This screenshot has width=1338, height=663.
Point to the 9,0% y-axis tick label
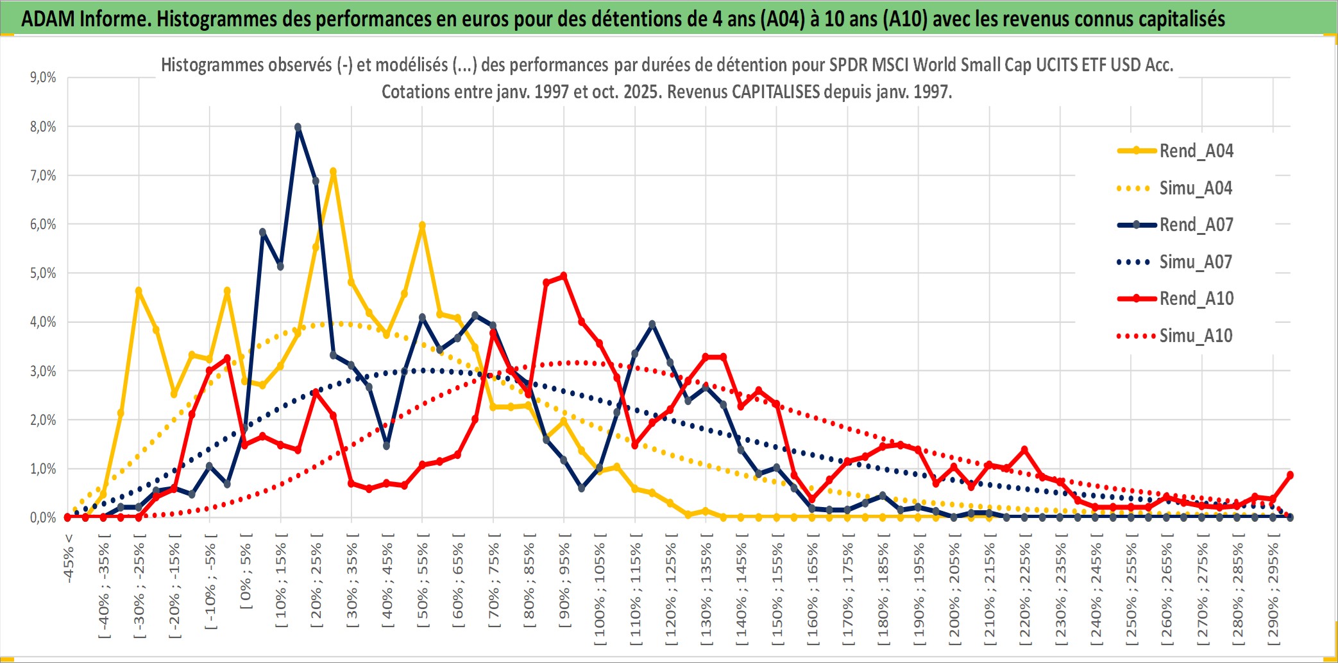43,78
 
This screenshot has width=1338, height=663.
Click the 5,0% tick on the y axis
43,273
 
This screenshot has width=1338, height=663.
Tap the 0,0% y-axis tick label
43,517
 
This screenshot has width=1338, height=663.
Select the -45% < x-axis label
69,558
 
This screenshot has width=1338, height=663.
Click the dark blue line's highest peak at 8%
298,127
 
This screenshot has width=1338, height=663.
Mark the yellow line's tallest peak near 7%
333,172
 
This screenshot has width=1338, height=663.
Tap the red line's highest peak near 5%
564,276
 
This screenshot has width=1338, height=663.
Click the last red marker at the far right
1290,475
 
